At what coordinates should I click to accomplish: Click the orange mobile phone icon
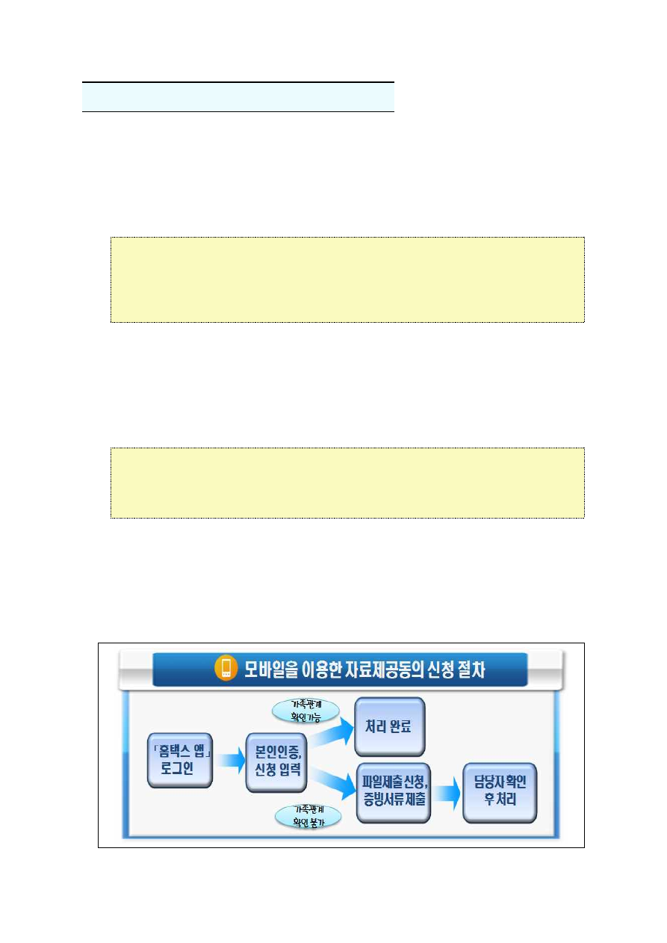226,668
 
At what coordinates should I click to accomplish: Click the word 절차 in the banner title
471,669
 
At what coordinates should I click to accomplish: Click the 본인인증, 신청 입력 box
276,762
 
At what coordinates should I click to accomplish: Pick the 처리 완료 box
390,726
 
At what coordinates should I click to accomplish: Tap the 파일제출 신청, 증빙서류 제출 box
394,793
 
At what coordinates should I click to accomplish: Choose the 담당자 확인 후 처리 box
500,793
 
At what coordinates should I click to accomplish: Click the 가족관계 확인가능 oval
305,711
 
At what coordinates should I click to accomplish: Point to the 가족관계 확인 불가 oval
308,817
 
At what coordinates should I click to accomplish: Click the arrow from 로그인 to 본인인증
231,760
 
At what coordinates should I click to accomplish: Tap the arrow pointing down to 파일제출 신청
334,782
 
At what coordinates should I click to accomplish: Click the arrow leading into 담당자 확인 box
447,794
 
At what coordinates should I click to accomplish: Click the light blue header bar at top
238,97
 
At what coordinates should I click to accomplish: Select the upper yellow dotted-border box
347,279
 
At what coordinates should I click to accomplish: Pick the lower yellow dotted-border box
347,483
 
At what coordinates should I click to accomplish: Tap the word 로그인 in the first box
177,768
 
